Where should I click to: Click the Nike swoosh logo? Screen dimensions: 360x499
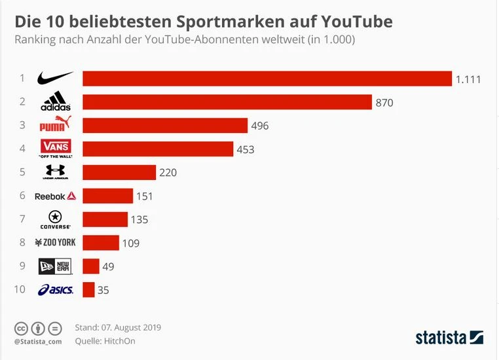click(x=56, y=78)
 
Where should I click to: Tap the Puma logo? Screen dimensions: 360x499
click(x=56, y=125)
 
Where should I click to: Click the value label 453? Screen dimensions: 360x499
click(x=246, y=150)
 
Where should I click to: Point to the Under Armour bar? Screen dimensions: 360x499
click(x=119, y=172)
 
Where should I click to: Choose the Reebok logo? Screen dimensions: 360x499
click(x=56, y=196)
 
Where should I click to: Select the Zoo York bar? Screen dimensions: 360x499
click(x=101, y=243)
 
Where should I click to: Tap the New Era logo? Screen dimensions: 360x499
click(x=56, y=266)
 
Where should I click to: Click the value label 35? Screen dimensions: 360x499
click(x=103, y=290)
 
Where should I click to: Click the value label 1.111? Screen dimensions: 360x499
click(x=468, y=79)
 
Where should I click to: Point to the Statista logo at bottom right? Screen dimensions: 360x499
click(x=449, y=338)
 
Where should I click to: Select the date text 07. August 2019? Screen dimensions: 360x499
click(x=131, y=327)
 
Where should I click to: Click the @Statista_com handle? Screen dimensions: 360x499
click(x=38, y=341)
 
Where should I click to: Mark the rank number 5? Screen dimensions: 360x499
click(x=22, y=171)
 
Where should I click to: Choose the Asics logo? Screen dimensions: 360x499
click(x=56, y=289)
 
